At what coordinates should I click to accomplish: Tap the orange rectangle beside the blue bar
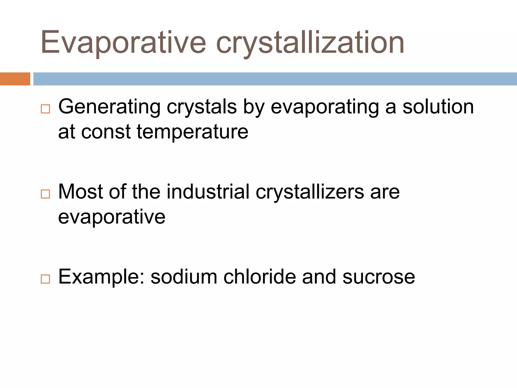(x=15, y=79)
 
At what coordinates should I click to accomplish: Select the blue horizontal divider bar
(x=275, y=79)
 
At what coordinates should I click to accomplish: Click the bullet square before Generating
(x=45, y=109)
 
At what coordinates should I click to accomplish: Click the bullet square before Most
(x=45, y=194)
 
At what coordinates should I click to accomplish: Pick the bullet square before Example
(x=45, y=279)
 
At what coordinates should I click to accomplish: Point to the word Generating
(x=109, y=107)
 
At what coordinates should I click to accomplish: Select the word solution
(x=438, y=107)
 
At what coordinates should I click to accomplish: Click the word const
(x=106, y=132)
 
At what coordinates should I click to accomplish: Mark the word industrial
(x=208, y=191)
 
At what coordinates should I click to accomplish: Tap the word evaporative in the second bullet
(x=112, y=217)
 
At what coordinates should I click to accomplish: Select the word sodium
(x=184, y=277)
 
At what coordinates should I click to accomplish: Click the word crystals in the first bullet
(x=202, y=107)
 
